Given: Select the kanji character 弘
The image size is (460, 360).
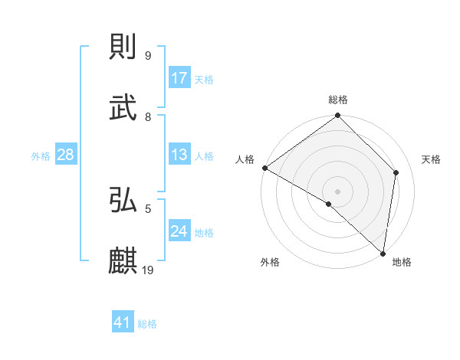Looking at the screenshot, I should click(x=123, y=200).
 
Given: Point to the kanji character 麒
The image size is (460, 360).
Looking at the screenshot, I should click(x=123, y=261).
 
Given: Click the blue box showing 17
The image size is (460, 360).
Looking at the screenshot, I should click(x=179, y=78).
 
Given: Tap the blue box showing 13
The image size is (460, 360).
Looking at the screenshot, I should click(x=179, y=155).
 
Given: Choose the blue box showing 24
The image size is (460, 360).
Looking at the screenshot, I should click(x=179, y=231).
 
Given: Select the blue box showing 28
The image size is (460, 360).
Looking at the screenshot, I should click(x=66, y=155).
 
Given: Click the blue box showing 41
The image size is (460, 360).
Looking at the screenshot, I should click(x=123, y=322).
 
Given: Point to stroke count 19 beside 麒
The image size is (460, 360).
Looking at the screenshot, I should click(x=149, y=270).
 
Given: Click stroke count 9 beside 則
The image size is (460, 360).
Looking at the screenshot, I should click(x=148, y=56).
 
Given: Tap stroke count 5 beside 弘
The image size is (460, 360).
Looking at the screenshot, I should click(x=148, y=208).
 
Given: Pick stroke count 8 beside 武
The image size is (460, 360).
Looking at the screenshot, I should click(x=148, y=117).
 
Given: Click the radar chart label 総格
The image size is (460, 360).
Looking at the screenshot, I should click(x=338, y=100).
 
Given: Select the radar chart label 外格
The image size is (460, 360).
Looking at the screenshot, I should click(x=270, y=263).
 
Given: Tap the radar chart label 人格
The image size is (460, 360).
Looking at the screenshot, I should click(x=245, y=159).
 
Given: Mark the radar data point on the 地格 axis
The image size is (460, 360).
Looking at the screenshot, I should click(x=383, y=254).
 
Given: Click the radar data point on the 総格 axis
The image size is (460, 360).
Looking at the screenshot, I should click(x=337, y=116).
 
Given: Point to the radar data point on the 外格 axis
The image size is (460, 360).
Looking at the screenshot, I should click(x=329, y=204).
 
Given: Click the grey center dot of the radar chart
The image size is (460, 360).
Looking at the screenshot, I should click(x=337, y=191).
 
